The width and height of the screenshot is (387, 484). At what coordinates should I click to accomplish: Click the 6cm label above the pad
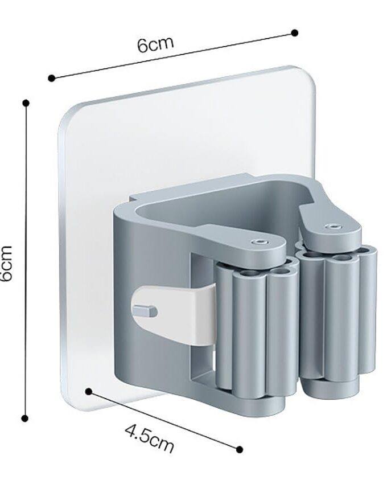tap(155, 45)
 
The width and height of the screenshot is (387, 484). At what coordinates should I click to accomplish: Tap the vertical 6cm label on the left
tap(6, 263)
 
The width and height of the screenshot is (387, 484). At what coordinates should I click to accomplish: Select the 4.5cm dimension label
tap(150, 438)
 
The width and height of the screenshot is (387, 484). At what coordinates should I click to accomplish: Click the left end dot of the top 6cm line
tap(52, 78)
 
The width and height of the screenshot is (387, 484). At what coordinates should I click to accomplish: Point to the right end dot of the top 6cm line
tap(295, 32)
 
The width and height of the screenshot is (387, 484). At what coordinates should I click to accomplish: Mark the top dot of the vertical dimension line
tap(26, 103)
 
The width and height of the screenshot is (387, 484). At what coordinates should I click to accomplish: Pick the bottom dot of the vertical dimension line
tap(25, 419)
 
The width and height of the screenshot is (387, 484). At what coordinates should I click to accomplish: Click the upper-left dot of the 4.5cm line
tap(89, 392)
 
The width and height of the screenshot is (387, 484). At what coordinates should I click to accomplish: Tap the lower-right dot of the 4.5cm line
tap(239, 449)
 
